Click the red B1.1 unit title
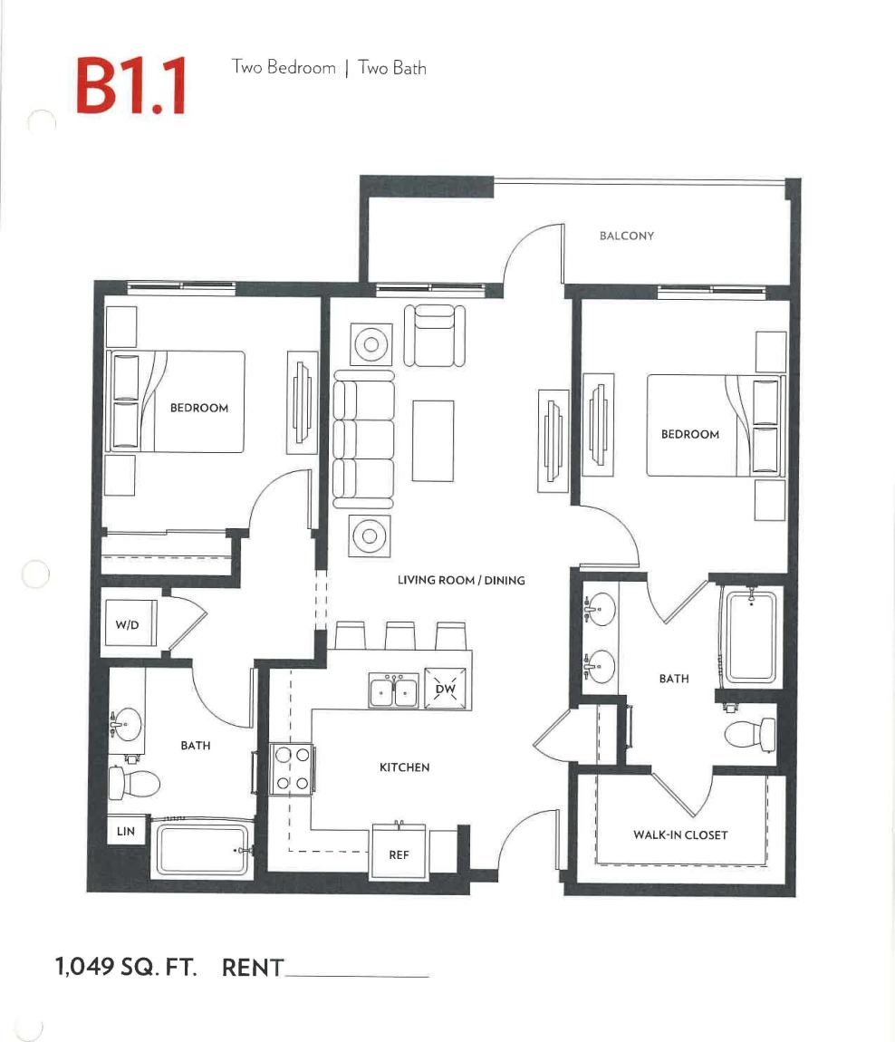[x=130, y=86]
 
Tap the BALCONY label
[x=626, y=236]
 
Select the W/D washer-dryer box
[x=128, y=624]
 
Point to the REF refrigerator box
[x=399, y=853]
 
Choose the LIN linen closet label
[x=125, y=831]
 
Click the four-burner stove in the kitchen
[x=292, y=767]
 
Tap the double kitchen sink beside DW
[x=393, y=691]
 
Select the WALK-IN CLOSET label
[x=679, y=835]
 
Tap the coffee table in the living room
[x=432, y=440]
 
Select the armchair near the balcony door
[x=434, y=334]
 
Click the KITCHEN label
[x=404, y=767]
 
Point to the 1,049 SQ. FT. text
[x=126, y=967]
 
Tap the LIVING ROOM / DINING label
[x=461, y=580]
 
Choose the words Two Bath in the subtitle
[x=392, y=68]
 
